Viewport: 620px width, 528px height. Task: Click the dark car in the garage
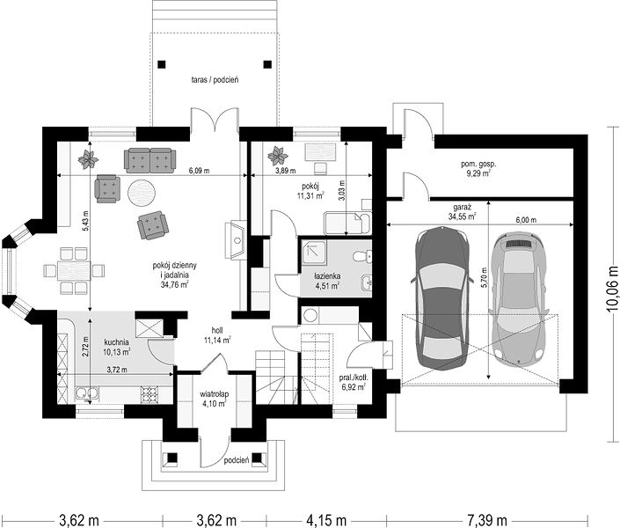[x=441, y=298]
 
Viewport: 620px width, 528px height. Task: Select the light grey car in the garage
[x=518, y=297]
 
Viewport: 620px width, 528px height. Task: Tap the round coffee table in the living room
[x=142, y=193]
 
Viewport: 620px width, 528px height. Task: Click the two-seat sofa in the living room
[x=150, y=160]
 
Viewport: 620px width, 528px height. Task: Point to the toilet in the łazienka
[x=362, y=256]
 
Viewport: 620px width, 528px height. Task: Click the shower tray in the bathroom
[x=315, y=253]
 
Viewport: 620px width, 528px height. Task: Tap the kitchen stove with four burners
[x=150, y=394]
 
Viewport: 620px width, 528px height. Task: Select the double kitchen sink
[x=86, y=393]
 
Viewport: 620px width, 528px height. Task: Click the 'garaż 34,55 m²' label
[x=462, y=212]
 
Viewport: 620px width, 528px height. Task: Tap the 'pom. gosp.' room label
[x=478, y=164]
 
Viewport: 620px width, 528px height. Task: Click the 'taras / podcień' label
[x=215, y=79]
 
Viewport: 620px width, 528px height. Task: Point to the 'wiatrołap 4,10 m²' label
[x=214, y=399]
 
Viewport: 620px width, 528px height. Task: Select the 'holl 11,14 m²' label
[x=217, y=335]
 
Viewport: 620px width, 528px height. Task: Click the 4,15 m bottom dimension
[x=326, y=519]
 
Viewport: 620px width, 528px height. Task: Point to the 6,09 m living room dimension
[x=199, y=171]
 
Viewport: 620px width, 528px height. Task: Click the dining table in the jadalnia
[x=74, y=271]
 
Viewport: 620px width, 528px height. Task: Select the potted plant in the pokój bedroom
[x=278, y=156]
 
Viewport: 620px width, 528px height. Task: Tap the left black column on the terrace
[x=161, y=64]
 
